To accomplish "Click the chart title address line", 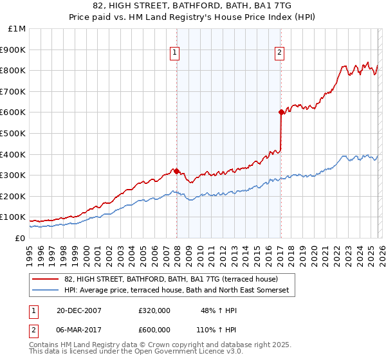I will coord(192,6).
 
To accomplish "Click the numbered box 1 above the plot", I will coord(176,53).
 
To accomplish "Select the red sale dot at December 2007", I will coord(176,171).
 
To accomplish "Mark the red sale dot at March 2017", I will coord(281,113).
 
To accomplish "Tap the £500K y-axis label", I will coord(13,133).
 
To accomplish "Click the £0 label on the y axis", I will coord(19,238).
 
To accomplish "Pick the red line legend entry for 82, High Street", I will coord(171,279).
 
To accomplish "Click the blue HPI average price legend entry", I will coord(177,291).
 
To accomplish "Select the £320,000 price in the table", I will coord(154,310).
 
